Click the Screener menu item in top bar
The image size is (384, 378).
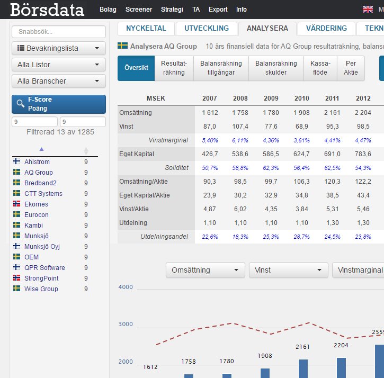(x=138, y=9)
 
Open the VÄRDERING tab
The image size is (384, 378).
(x=326, y=29)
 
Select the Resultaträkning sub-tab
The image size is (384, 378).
(x=174, y=68)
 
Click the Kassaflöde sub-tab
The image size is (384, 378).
(x=320, y=68)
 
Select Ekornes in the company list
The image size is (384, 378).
(x=36, y=204)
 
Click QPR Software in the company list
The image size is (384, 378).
(x=44, y=268)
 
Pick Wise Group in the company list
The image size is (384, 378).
(x=41, y=289)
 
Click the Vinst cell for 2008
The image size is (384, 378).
(x=240, y=127)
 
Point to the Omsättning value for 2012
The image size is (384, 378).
(x=363, y=113)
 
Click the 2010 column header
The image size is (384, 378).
(x=301, y=98)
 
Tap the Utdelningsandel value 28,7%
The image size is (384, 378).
(x=301, y=237)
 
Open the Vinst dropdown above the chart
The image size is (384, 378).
(x=288, y=270)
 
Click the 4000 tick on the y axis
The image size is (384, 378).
(x=126, y=287)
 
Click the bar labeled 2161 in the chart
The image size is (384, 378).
(x=303, y=368)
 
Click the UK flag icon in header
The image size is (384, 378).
(x=368, y=9)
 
